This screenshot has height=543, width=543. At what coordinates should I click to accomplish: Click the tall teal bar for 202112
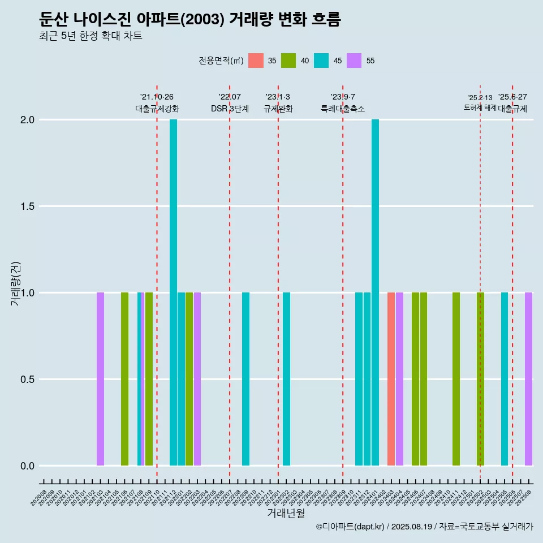click(x=173, y=292)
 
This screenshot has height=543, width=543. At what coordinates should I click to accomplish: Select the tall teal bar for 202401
click(x=375, y=292)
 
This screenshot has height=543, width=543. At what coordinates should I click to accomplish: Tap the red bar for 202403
click(x=391, y=379)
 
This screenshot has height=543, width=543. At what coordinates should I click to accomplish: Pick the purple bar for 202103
click(x=100, y=379)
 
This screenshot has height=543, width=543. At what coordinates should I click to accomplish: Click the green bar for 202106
click(x=124, y=379)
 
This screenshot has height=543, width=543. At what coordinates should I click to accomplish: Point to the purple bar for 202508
click(x=528, y=379)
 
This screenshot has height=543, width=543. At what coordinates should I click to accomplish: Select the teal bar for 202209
click(x=245, y=379)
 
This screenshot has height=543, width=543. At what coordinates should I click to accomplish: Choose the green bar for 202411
click(x=456, y=379)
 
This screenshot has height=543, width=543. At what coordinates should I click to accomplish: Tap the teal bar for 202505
click(x=504, y=379)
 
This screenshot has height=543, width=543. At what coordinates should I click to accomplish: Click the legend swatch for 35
click(x=256, y=61)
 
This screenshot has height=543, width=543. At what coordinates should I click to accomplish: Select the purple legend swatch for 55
click(x=354, y=61)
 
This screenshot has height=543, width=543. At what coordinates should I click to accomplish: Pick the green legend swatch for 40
click(x=288, y=61)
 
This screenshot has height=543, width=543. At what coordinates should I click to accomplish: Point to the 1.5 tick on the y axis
click(x=27, y=206)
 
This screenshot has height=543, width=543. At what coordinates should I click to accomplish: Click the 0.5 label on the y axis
click(x=27, y=380)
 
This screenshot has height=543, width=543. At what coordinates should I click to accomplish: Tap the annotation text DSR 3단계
click(x=230, y=109)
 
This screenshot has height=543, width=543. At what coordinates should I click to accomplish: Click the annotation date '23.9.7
click(x=343, y=97)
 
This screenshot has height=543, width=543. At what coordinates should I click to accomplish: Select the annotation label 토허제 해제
click(x=480, y=107)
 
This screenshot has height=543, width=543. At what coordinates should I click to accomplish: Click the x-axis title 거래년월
click(x=286, y=513)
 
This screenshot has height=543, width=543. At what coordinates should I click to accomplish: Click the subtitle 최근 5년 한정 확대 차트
click(x=90, y=36)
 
